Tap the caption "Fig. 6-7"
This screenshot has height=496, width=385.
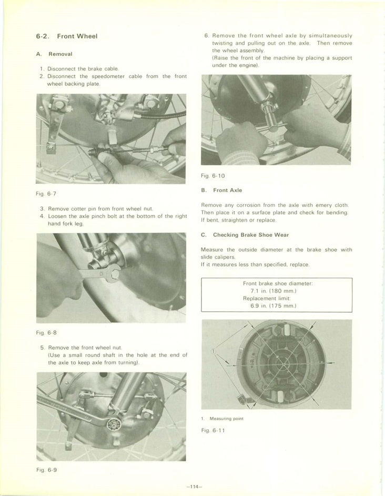coord(47,194)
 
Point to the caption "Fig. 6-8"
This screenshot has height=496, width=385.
coord(47,333)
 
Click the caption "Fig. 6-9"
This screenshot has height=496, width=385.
coord(47,470)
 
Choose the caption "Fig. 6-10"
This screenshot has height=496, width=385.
coord(213,175)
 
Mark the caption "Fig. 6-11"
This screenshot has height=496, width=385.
coord(212,430)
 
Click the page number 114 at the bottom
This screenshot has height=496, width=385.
coord(194,487)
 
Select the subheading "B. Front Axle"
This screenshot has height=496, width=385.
coord(221,190)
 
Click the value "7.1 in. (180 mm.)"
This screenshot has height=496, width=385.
coord(277,291)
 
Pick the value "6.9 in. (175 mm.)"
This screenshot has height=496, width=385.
coord(277,305)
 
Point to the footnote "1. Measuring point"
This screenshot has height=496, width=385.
coord(222,419)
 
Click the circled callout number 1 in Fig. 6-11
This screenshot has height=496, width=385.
coord(212,350)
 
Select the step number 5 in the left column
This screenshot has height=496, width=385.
coord(42,348)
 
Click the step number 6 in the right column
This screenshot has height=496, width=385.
coord(206,36)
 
